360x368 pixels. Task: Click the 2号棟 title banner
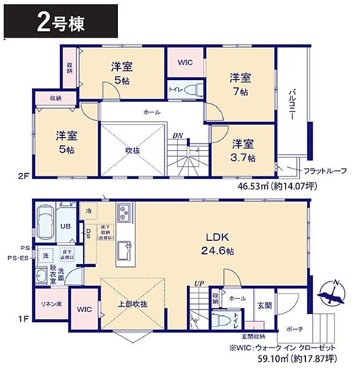(61, 23)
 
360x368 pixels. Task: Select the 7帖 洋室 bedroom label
(239, 84)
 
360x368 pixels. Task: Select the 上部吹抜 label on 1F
(134, 304)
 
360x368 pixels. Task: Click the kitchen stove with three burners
(124, 214)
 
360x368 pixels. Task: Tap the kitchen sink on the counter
(124, 250)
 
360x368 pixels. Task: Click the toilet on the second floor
(196, 89)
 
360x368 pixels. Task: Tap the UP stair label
(198, 284)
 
